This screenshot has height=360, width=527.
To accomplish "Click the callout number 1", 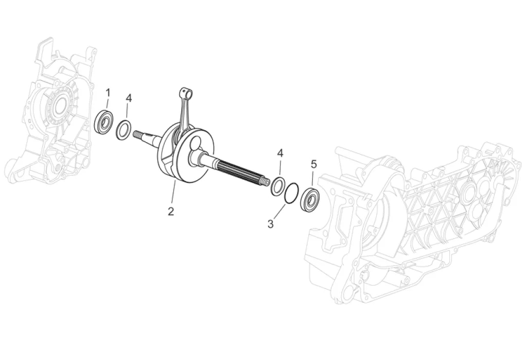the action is click(108, 93).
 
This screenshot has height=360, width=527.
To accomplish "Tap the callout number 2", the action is click(171, 211).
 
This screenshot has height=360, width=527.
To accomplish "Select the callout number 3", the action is click(271, 224).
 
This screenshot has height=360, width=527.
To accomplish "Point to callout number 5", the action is click(314, 164).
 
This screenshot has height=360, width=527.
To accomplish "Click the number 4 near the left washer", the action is click(129, 98).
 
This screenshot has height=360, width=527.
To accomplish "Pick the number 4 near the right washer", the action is click(280, 153).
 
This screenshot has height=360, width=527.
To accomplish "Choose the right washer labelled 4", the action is click(278, 186).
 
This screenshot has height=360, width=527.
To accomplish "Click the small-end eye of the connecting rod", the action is click(185, 93).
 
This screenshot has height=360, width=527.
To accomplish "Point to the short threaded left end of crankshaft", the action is click(138, 135).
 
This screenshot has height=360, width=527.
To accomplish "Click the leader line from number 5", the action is click(313, 178).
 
